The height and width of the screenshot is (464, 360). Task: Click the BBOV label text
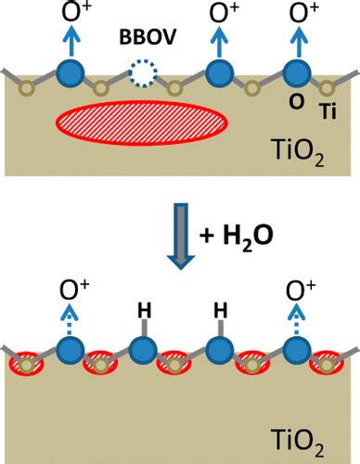142,41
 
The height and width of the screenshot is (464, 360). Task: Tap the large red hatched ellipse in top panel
142,122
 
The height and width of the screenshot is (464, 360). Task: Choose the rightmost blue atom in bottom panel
295,352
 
